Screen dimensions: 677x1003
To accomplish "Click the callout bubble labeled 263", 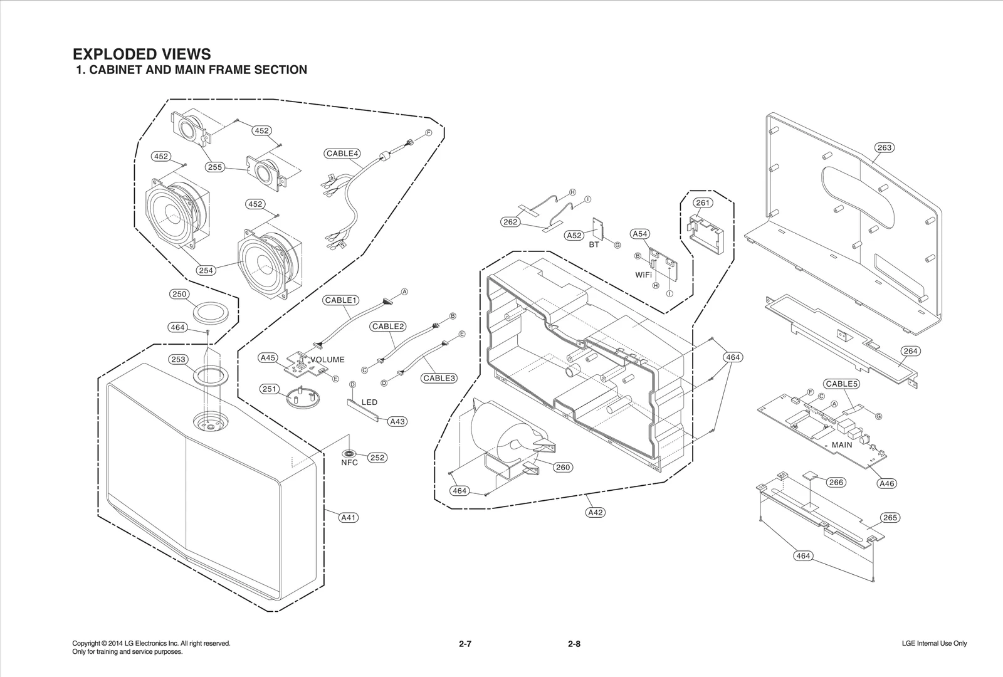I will (884, 148).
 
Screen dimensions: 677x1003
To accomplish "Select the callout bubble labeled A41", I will (349, 517).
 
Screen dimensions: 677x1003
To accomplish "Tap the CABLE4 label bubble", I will (342, 154).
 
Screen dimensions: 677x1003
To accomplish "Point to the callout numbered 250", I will (179, 294).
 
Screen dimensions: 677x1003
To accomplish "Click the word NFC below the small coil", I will (349, 463).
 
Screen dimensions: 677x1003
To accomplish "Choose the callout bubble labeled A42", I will (595, 512).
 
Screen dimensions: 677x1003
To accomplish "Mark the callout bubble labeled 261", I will (703, 202).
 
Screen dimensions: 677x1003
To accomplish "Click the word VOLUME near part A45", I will (327, 360).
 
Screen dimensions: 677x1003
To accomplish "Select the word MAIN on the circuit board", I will (841, 444).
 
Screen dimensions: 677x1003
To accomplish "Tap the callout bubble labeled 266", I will (836, 482).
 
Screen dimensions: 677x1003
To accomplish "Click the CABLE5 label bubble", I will (841, 384).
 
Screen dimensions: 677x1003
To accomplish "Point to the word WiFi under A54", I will (643, 275).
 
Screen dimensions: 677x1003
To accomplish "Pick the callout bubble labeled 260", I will (563, 467).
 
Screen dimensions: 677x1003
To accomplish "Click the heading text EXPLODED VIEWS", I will (142, 54).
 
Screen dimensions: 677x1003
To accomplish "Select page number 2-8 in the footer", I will (574, 644).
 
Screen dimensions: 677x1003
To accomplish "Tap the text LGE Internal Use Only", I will (934, 644).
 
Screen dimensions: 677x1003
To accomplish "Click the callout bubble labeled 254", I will (206, 270).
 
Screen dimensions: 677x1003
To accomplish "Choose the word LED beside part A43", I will (369, 402).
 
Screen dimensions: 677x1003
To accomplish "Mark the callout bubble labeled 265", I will (890, 517).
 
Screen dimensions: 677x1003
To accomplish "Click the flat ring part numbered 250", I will (209, 312).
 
